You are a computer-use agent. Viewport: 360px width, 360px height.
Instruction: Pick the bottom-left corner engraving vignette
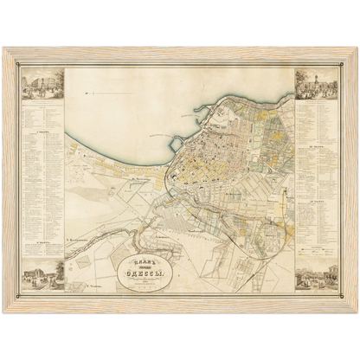click(40, 274)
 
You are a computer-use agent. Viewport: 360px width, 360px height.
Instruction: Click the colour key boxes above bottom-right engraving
click(316, 251)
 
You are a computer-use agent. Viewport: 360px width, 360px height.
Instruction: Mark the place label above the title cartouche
click(143, 234)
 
